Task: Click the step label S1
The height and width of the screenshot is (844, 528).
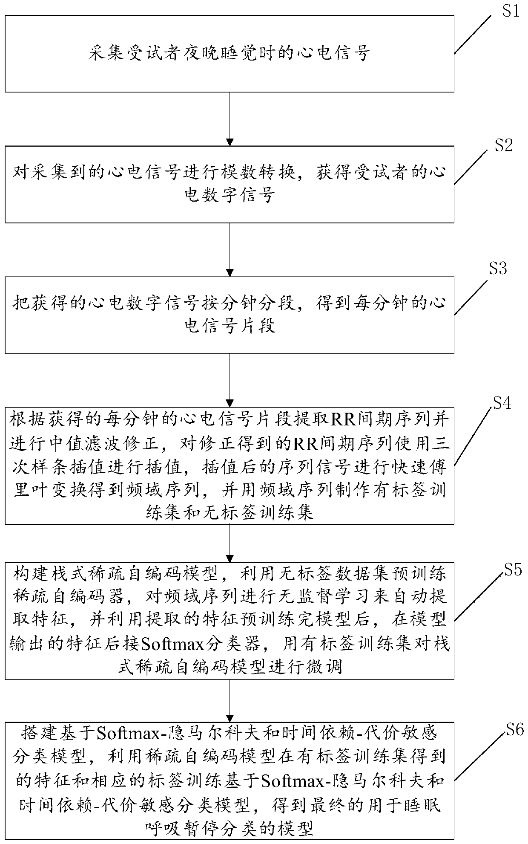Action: pos(511,12)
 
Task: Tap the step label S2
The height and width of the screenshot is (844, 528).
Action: pos(503,146)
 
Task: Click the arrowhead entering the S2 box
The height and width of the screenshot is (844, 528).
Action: pos(230,142)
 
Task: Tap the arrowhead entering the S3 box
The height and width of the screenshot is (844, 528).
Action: pos(230,272)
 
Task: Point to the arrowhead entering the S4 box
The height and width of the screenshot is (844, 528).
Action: pos(230,403)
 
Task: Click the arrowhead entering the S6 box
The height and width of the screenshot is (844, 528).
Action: pos(230,718)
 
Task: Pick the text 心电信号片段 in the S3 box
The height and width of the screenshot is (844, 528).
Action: pos(230,326)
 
